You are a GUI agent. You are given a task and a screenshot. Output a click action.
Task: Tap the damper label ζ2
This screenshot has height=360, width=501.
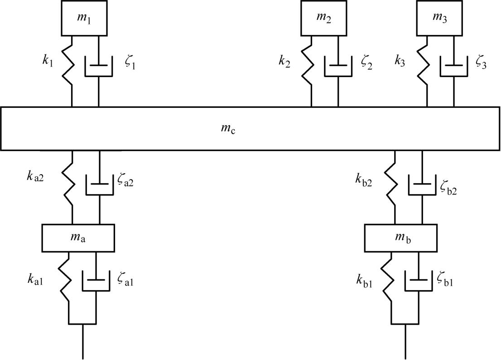366,63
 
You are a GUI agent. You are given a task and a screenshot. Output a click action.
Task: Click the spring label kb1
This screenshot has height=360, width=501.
365,281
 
